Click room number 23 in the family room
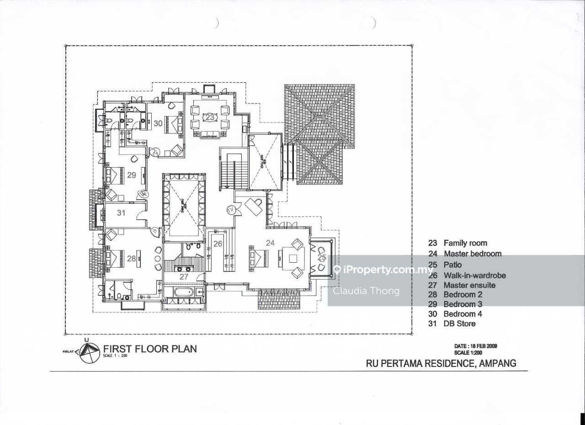pyautogui.click(x=210, y=117)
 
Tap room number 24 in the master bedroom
pyautogui.click(x=270, y=243)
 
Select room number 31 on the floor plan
pyautogui.click(x=121, y=213)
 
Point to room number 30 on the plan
pyautogui.click(x=158, y=123)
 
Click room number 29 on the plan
pyautogui.click(x=132, y=175)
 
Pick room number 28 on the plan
pyautogui.click(x=132, y=259)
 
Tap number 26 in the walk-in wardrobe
pyautogui.click(x=218, y=244)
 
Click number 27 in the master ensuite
pyautogui.click(x=184, y=277)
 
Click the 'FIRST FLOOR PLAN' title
pyautogui.click(x=150, y=349)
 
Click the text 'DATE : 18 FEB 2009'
pyautogui.click(x=475, y=346)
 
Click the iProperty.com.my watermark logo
pyautogui.click(x=383, y=270)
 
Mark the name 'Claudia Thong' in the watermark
pyautogui.click(x=366, y=291)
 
